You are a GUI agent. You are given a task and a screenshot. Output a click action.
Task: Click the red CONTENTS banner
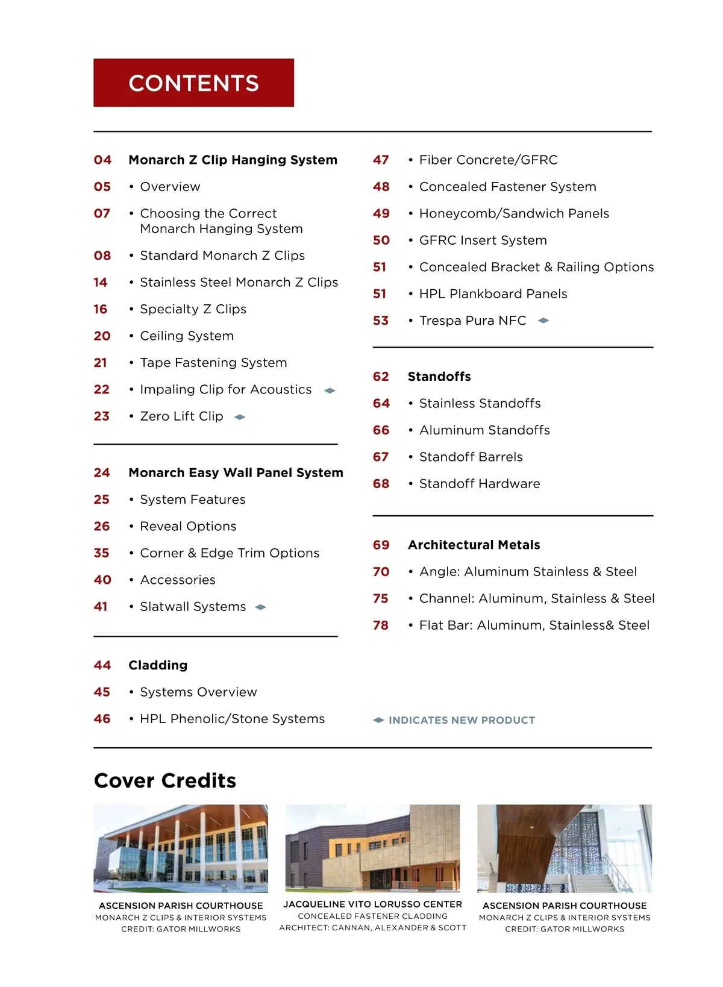click(193, 83)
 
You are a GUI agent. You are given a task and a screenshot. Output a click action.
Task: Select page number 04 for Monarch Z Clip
click(102, 160)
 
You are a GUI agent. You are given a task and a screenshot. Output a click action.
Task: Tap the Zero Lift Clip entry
click(181, 416)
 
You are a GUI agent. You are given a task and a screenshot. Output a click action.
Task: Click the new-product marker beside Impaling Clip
click(330, 390)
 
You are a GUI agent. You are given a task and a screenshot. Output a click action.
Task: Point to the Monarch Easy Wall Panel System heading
click(236, 473)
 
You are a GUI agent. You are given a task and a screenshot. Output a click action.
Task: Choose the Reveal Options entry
click(188, 526)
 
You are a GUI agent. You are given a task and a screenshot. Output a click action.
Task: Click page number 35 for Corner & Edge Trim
click(102, 553)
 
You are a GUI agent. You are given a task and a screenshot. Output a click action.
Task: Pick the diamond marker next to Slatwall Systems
click(260, 607)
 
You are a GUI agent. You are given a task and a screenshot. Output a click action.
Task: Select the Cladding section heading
click(158, 665)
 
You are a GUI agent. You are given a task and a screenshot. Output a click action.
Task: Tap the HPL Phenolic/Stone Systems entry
click(232, 719)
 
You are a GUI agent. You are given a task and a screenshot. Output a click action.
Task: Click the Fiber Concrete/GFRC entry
click(488, 160)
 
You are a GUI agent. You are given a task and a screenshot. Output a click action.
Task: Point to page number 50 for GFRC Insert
click(381, 240)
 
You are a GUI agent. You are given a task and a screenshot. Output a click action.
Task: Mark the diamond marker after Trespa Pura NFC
click(543, 321)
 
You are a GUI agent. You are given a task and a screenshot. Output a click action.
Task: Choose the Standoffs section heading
click(439, 377)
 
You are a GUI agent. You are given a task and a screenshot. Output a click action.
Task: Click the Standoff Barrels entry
click(471, 457)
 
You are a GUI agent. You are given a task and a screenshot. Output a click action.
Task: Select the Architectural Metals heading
click(474, 545)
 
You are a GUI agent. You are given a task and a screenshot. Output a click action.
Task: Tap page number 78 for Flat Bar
click(381, 625)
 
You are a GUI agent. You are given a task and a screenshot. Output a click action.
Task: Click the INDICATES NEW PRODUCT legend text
click(462, 720)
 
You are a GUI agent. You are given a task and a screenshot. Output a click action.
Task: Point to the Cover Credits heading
click(165, 780)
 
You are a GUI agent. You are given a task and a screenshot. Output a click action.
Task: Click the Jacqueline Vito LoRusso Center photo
click(372, 848)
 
